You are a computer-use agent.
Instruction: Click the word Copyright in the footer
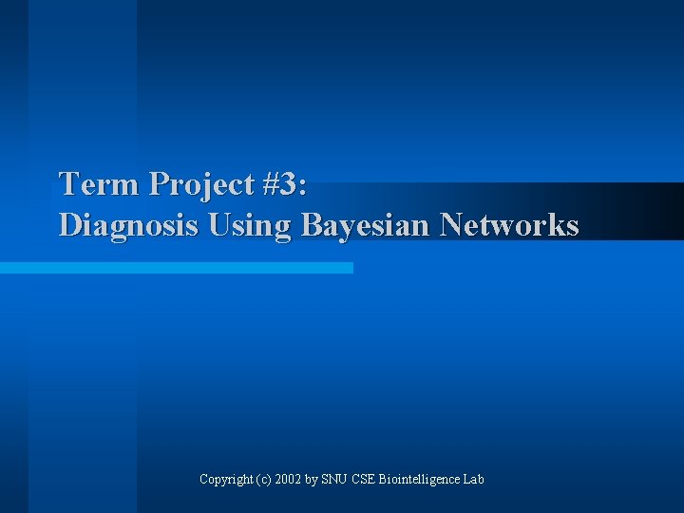(x=225, y=479)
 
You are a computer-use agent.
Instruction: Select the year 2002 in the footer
(x=289, y=479)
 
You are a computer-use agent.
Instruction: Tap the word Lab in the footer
(x=473, y=479)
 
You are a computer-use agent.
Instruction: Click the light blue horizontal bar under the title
(x=176, y=268)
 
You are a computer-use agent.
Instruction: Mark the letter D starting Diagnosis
(x=69, y=225)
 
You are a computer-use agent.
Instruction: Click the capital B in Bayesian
(x=312, y=225)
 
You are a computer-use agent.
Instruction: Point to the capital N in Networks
(x=451, y=225)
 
